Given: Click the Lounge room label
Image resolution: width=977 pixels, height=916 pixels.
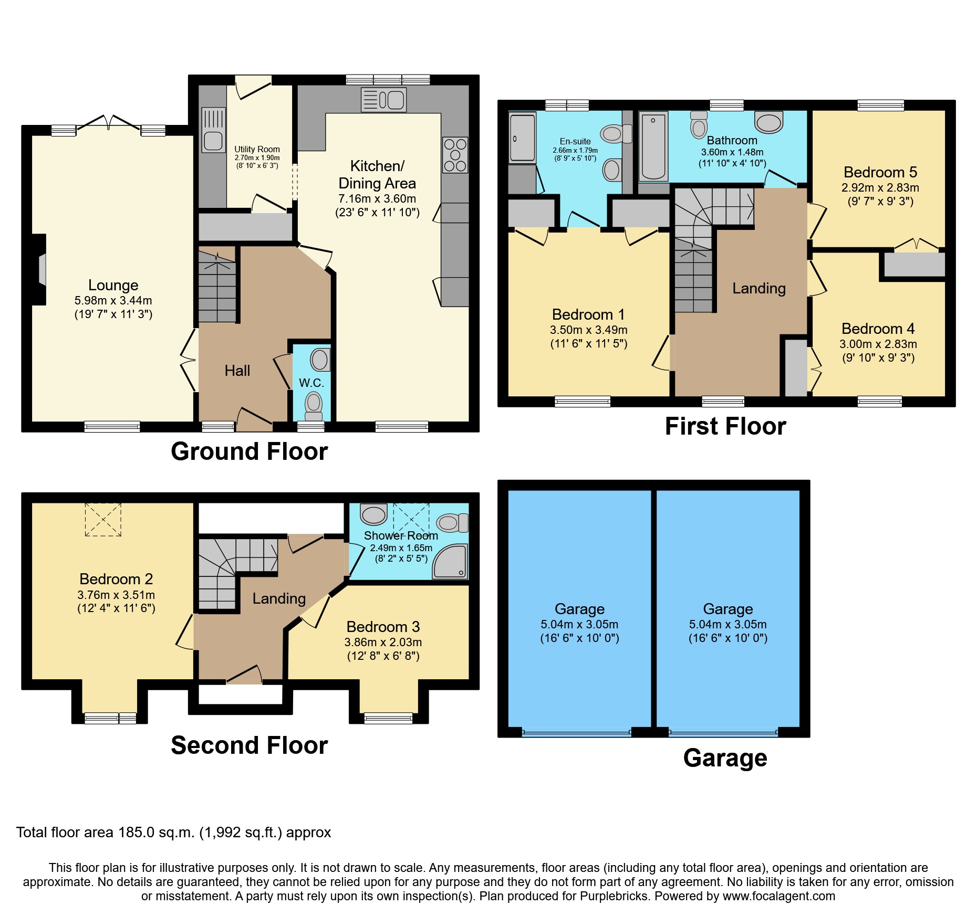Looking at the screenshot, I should (x=113, y=285).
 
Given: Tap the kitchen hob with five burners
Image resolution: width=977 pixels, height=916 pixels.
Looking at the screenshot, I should (x=455, y=155).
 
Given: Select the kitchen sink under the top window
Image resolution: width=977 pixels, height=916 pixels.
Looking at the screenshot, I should (x=384, y=100).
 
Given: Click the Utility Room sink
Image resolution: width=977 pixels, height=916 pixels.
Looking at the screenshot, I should (x=213, y=130).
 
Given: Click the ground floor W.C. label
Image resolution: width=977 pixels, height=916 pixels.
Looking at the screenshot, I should (x=311, y=383).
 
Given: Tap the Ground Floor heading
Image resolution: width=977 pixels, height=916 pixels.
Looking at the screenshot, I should (x=249, y=451).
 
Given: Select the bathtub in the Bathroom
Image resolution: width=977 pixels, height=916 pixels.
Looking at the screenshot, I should (x=653, y=146).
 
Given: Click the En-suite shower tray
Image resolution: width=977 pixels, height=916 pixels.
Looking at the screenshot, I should (x=522, y=138).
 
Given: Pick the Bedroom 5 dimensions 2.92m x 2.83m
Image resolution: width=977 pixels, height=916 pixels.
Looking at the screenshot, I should (x=880, y=187).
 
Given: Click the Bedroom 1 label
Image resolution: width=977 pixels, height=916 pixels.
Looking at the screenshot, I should (x=588, y=314).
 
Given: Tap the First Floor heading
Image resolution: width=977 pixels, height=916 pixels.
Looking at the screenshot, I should (x=725, y=426).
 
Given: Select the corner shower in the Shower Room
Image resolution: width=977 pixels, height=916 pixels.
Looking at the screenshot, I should (x=451, y=562).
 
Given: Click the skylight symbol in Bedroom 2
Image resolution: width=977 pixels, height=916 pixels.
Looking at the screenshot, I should (x=103, y=519).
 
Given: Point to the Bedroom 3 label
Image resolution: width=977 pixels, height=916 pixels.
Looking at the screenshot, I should (x=383, y=627).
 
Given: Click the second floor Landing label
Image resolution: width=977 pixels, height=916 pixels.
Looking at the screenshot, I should (x=279, y=598).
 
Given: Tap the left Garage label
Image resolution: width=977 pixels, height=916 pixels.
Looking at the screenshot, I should (x=579, y=609).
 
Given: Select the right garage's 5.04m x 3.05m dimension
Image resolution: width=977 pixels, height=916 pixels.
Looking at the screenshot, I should (x=727, y=624).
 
